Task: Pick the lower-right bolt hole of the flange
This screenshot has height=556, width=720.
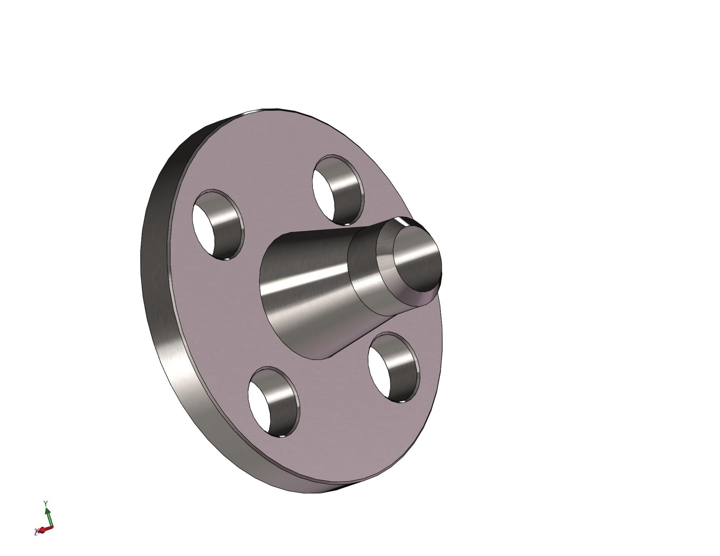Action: click(394, 368)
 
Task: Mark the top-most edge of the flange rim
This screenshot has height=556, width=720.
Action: click(270, 109)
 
